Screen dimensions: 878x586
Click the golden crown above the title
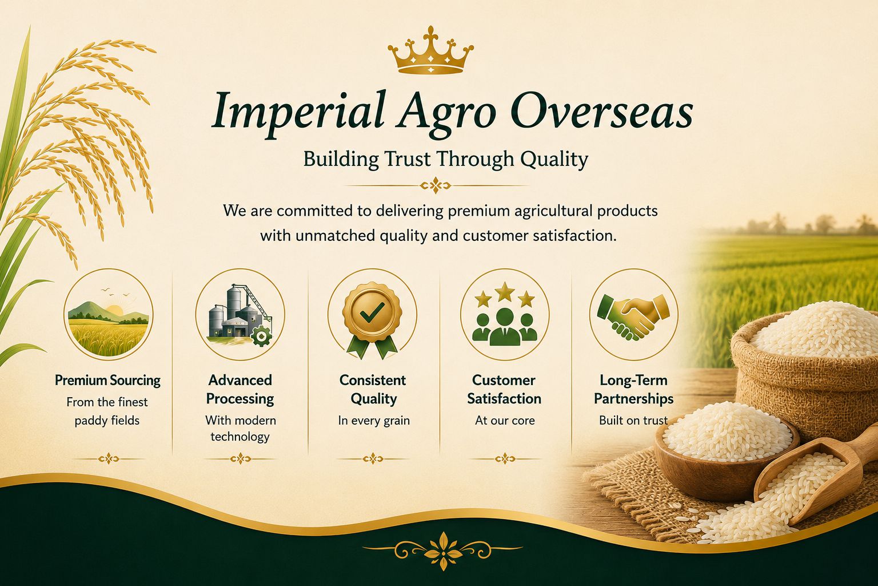(431, 50)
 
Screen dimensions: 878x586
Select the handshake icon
(633, 316)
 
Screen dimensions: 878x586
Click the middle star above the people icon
(505, 291)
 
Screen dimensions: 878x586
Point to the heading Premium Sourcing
(108, 381)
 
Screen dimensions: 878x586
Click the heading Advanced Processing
(240, 389)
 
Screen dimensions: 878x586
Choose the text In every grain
(374, 421)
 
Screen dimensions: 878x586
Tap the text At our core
(505, 421)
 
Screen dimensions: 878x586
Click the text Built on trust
(633, 421)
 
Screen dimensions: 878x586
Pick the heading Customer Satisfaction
(504, 389)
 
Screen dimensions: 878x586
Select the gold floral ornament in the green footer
(443, 551)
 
